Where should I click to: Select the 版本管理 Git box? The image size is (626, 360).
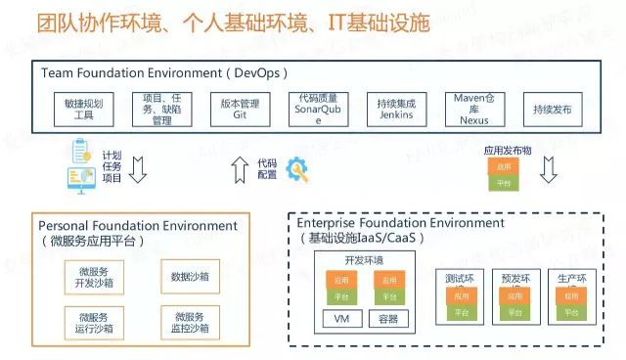point(239,108)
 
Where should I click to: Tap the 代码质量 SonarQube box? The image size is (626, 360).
point(317,108)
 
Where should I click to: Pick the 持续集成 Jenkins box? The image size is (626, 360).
point(396,108)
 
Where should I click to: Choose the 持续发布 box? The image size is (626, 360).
point(554,108)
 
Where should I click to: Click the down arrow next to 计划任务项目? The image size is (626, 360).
point(138,169)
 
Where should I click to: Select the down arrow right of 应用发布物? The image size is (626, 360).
point(549,169)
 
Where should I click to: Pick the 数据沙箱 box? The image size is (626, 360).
point(188,277)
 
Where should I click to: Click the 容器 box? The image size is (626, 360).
point(387,319)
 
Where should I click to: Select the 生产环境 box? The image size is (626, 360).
point(572,296)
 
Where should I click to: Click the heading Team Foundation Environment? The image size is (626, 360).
point(165,73)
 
